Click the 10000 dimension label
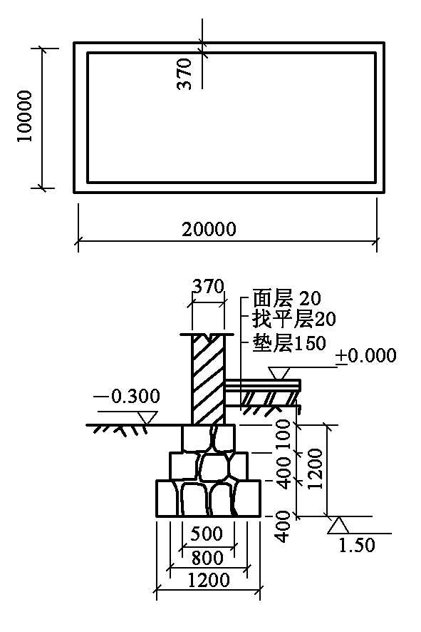pyautogui.click(x=25, y=116)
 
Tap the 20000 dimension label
pyautogui.click(x=209, y=230)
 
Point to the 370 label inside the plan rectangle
pyautogui.click(x=184, y=73)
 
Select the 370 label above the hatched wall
pyautogui.click(x=208, y=287)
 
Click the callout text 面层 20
pyautogui.click(x=286, y=299)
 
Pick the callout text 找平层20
pyautogui.click(x=293, y=320)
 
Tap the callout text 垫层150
pyautogui.click(x=289, y=343)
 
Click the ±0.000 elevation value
pyautogui.click(x=366, y=356)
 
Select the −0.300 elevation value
pyautogui.click(x=127, y=397)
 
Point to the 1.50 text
pyautogui.click(x=357, y=546)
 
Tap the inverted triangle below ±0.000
pyautogui.click(x=279, y=373)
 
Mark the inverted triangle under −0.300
pyautogui.click(x=147, y=417)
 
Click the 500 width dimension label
pyautogui.click(x=207, y=534)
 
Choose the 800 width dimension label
pyautogui.click(x=207, y=558)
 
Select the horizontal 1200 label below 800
pyautogui.click(x=209, y=581)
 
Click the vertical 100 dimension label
pyautogui.click(x=284, y=435)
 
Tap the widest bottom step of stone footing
pyautogui.click(x=208, y=498)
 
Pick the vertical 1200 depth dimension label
pyautogui.click(x=316, y=469)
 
